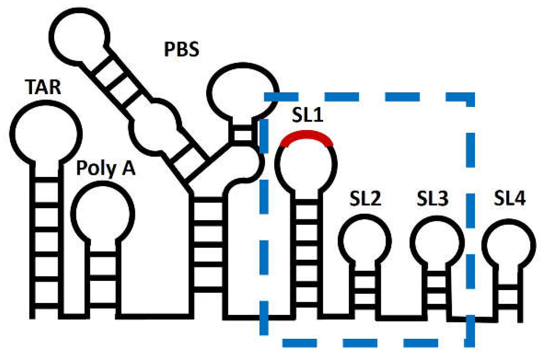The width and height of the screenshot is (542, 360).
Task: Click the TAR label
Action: click(x=43, y=87)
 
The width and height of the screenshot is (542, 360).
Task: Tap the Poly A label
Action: click(x=106, y=168)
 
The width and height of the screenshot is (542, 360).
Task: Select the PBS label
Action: click(x=182, y=49)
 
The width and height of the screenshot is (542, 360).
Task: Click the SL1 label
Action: click(x=307, y=115)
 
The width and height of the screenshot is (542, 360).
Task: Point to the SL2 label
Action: click(x=365, y=198)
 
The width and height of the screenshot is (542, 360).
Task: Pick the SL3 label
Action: click(x=432, y=198)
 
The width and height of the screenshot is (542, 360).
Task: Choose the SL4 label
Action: click(x=510, y=198)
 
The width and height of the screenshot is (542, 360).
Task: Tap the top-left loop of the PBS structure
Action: click(x=80, y=36)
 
